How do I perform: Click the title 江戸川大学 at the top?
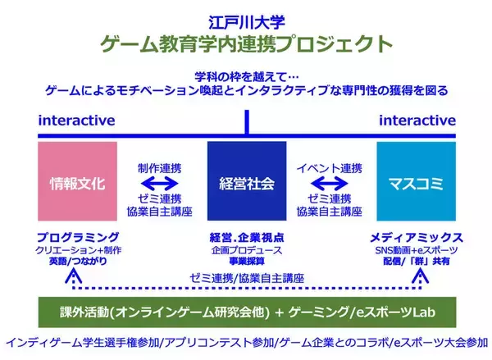pos(246,16)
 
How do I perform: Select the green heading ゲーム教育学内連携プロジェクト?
pos(246,42)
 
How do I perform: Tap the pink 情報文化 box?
pos(78,182)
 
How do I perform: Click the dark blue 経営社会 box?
pos(246,182)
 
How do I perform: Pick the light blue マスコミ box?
pos(415,182)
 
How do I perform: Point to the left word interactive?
pos(76,121)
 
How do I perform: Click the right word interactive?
pos(417,121)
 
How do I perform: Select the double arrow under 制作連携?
pos(162,183)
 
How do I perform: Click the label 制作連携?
pos(162,166)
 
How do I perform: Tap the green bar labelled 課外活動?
pos(246,312)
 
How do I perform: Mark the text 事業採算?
pos(246,261)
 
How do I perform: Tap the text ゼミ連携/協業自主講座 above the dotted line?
pos(246,278)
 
